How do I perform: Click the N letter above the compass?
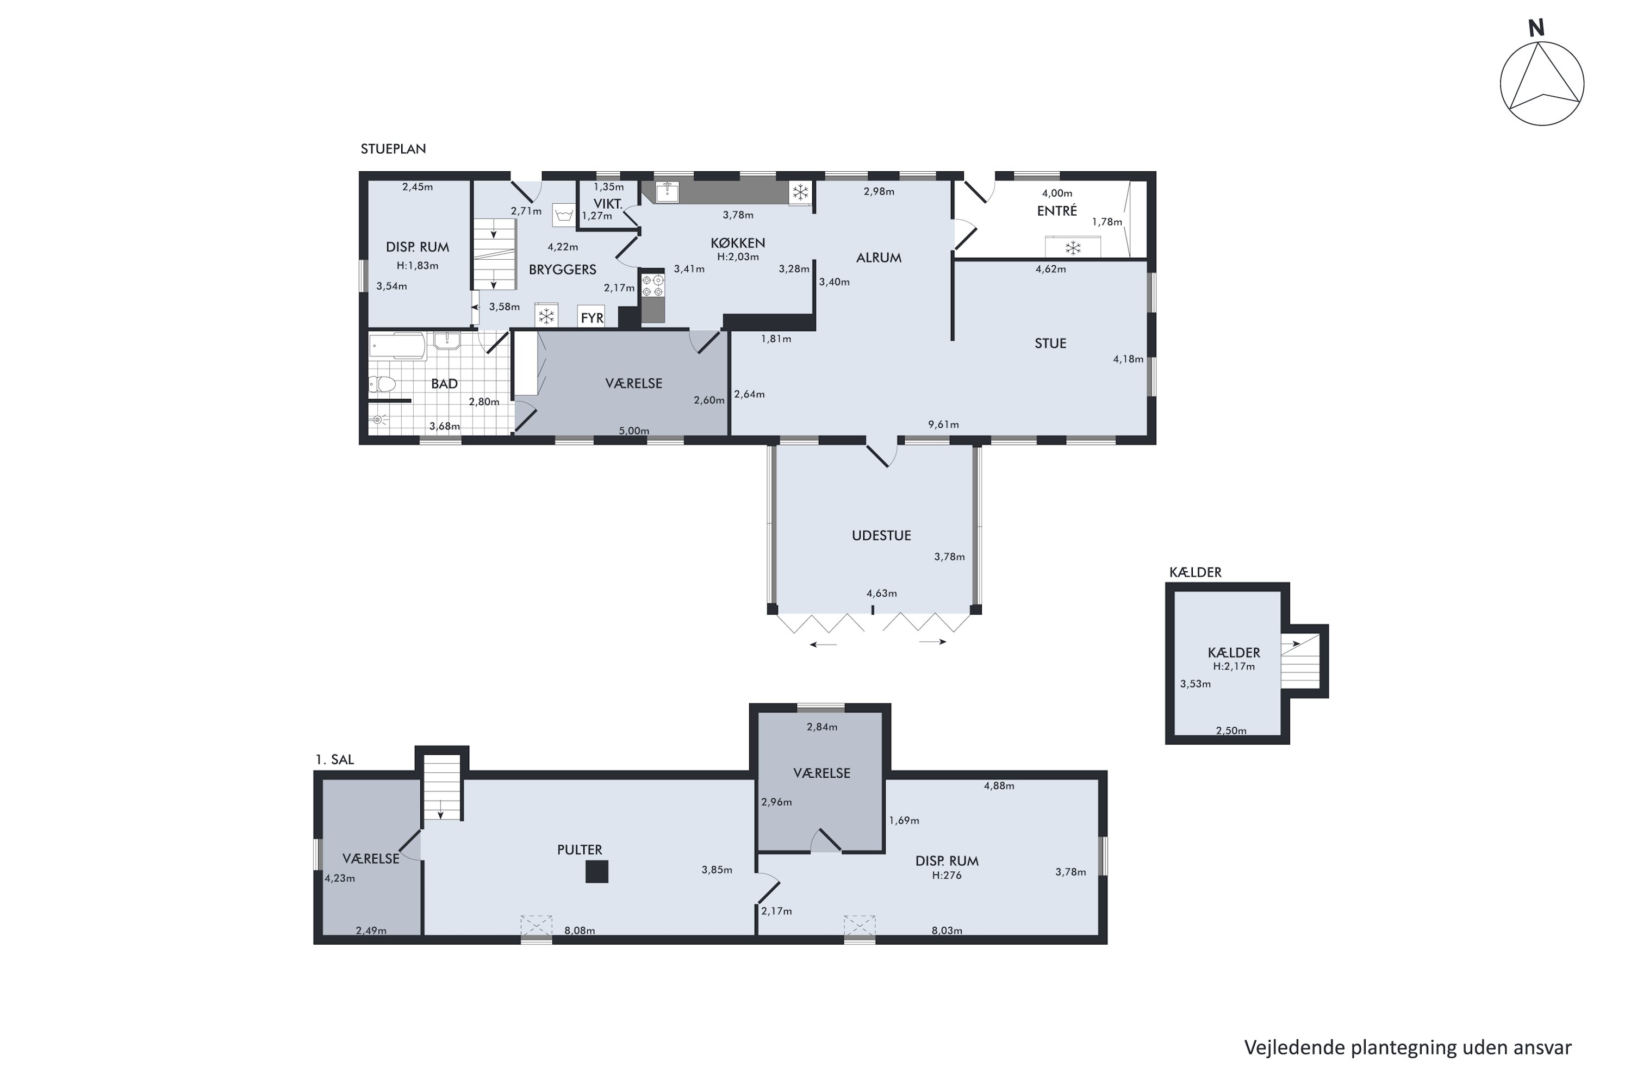pos(1536,28)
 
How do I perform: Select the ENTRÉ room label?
pos(1057,211)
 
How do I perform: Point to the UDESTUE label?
pos(881,536)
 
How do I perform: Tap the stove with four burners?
pos(652,286)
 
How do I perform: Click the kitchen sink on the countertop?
pos(667,191)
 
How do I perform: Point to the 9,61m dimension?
pos(944,425)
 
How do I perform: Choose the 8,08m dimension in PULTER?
pos(580,930)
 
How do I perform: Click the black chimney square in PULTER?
pos(597,871)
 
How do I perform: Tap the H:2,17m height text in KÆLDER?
pos(1234,667)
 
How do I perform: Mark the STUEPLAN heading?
pos(393,149)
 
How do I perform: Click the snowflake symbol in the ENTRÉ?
pos(1073,247)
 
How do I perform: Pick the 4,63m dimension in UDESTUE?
pos(881,594)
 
